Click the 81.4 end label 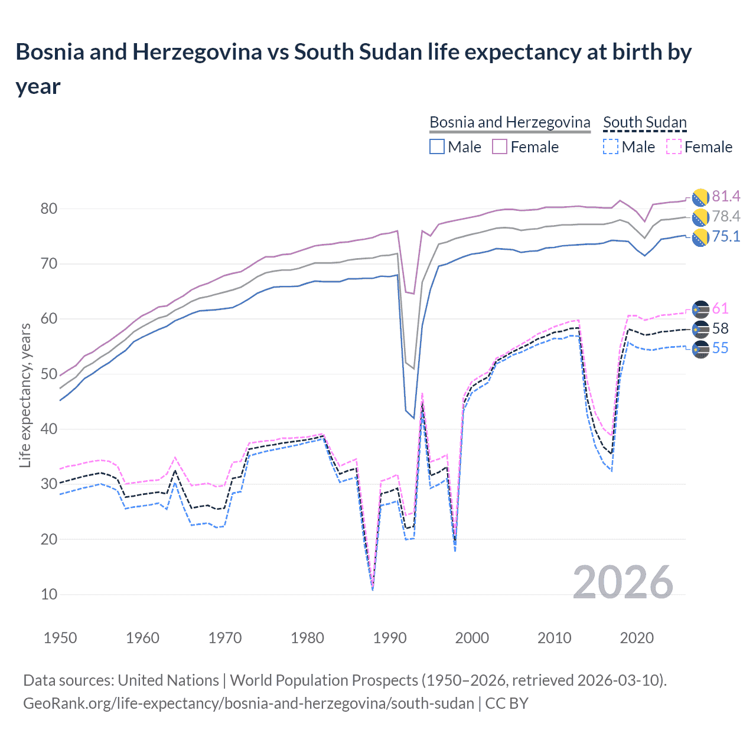pyautogui.click(x=726, y=196)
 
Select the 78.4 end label pyautogui.click(x=726, y=216)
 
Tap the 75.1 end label pyautogui.click(x=726, y=236)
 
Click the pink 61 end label pyautogui.click(x=720, y=308)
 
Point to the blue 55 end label pyautogui.click(x=720, y=348)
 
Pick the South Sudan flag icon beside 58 pyautogui.click(x=700, y=329)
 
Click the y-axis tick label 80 pyautogui.click(x=49, y=208)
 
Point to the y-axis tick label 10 pyautogui.click(x=49, y=594)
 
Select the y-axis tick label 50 pyautogui.click(x=49, y=374)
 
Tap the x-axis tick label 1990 pyautogui.click(x=390, y=638)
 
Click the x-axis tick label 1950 pyautogui.click(x=60, y=638)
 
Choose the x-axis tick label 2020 pyautogui.click(x=637, y=638)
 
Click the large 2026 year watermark pyautogui.click(x=623, y=582)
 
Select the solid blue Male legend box pyautogui.click(x=437, y=146)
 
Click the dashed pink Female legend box pyautogui.click(x=674, y=146)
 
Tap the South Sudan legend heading pyautogui.click(x=644, y=122)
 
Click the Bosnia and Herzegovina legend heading pyautogui.click(x=510, y=122)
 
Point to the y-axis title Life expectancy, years pyautogui.click(x=25, y=395)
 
